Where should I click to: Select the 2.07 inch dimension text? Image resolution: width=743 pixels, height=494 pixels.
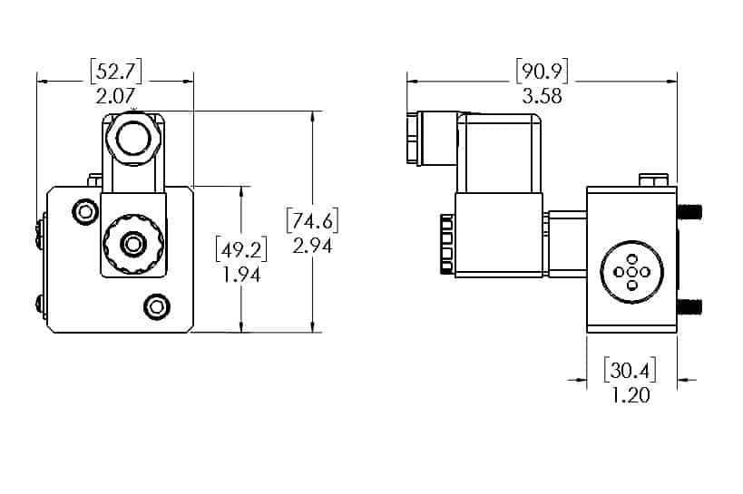pyautogui.click(x=114, y=94)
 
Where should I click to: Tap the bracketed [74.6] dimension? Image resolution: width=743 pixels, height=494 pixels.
pyautogui.click(x=311, y=220)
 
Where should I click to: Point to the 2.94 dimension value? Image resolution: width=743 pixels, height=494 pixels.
pyautogui.click(x=312, y=244)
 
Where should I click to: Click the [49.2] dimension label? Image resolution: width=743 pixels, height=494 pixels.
pyautogui.click(x=240, y=247)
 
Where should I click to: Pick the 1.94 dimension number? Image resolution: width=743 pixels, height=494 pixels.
pyautogui.click(x=241, y=274)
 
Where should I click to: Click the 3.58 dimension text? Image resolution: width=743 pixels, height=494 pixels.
pyautogui.click(x=542, y=96)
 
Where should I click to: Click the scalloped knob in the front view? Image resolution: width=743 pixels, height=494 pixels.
pyautogui.click(x=133, y=243)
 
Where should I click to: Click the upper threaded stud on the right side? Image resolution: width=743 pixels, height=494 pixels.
pyautogui.click(x=689, y=212)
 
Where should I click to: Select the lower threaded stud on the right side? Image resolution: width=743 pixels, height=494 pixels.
pyautogui.click(x=689, y=305)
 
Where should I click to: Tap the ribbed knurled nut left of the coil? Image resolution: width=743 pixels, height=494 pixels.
pyautogui.click(x=445, y=243)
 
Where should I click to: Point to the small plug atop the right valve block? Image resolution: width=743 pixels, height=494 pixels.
pyautogui.click(x=650, y=179)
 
